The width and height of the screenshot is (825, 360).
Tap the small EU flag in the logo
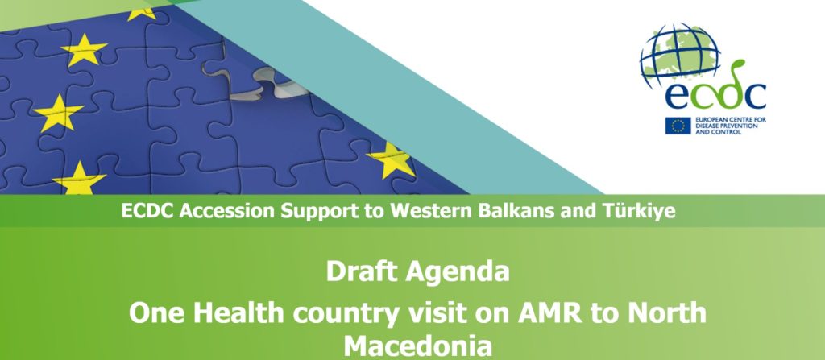678,126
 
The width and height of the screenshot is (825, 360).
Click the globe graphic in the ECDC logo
680,54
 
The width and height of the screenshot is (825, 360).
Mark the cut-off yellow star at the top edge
142,14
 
